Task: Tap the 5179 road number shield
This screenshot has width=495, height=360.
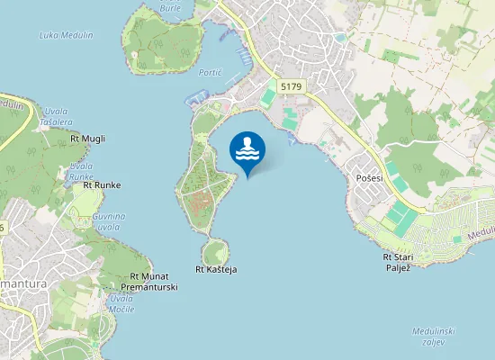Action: pos(292,85)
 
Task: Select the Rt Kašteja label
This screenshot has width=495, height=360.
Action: pos(216,269)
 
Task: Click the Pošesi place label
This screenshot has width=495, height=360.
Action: pos(369,178)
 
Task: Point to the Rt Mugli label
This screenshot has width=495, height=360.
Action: pos(87,139)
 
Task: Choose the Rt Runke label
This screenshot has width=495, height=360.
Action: pos(102,185)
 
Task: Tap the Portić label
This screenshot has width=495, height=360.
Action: pos(210,71)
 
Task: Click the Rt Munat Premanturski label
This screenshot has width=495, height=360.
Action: pos(154,282)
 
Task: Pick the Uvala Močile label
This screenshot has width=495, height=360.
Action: pos(121,303)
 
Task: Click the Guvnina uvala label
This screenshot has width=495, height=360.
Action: pos(109,221)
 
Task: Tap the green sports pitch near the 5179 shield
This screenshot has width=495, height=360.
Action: pos(269,97)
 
